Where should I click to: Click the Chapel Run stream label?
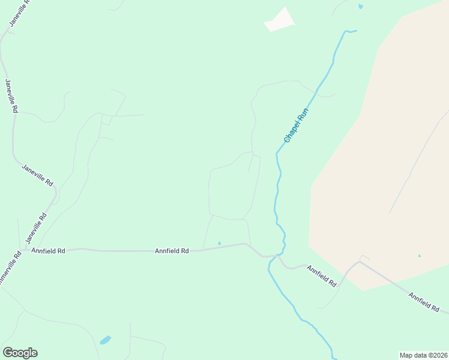(x=296, y=125)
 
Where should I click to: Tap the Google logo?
(x=20, y=353)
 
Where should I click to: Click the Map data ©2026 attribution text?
(x=423, y=355)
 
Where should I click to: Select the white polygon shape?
(x=280, y=20)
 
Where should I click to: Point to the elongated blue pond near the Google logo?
(x=106, y=340)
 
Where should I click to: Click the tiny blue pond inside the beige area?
(x=419, y=256)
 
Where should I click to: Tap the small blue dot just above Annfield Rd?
(x=219, y=243)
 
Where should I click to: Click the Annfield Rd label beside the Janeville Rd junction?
(x=48, y=251)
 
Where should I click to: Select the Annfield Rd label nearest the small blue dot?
(x=172, y=251)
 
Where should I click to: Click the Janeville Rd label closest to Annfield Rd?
(x=35, y=229)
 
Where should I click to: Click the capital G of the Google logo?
(x=8, y=353)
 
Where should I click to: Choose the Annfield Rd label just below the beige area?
(x=423, y=302)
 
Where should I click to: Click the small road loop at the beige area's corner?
(x=363, y=259)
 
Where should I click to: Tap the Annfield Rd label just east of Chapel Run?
(x=322, y=275)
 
